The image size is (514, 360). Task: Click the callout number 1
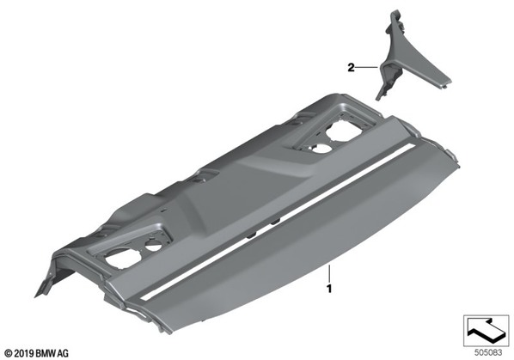click(x=329, y=289)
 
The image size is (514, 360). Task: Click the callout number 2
click(x=351, y=68)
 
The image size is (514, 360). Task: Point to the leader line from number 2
click(x=367, y=68)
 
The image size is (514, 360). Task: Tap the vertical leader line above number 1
click(x=329, y=274)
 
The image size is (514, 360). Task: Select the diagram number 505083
click(x=488, y=353)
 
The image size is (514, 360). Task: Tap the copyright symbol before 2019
click(x=9, y=353)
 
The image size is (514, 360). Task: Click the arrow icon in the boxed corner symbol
click(x=486, y=329)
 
